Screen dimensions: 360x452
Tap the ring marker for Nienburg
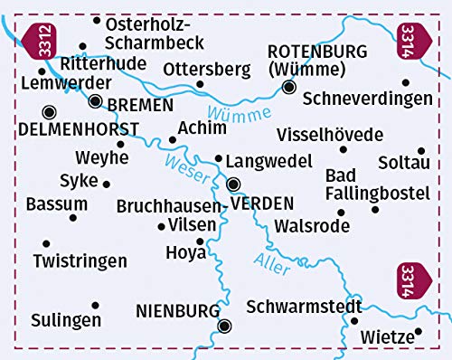click(225, 327)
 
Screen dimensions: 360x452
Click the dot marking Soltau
click(420, 151)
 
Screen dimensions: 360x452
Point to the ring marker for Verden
click(234, 185)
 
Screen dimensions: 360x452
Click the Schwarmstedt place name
click(302, 306)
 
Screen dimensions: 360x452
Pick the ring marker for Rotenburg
click(288, 88)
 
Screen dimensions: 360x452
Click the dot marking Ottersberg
click(200, 85)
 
